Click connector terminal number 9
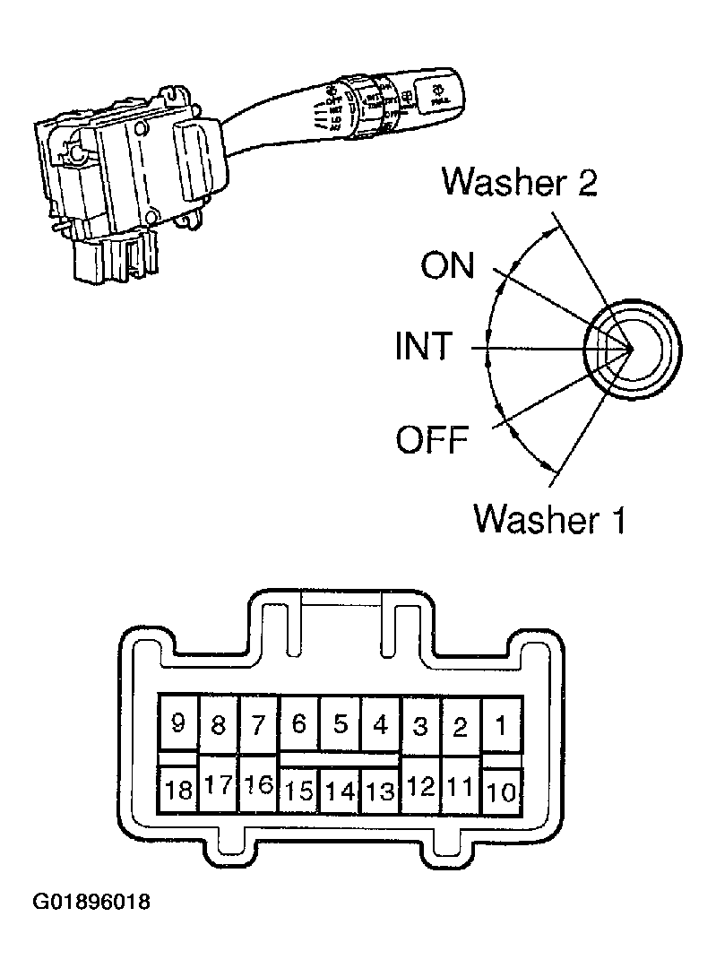[177, 723]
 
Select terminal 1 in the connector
[501, 723]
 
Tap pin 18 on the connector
[178, 790]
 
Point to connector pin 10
[502, 791]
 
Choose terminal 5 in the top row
[341, 723]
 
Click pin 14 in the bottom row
[340, 791]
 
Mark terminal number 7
[258, 723]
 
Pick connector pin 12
[420, 788]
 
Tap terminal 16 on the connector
[258, 786]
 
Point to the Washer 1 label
[549, 517]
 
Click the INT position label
[424, 347]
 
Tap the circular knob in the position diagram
[632, 347]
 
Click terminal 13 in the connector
[381, 791]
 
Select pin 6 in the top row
[299, 723]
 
